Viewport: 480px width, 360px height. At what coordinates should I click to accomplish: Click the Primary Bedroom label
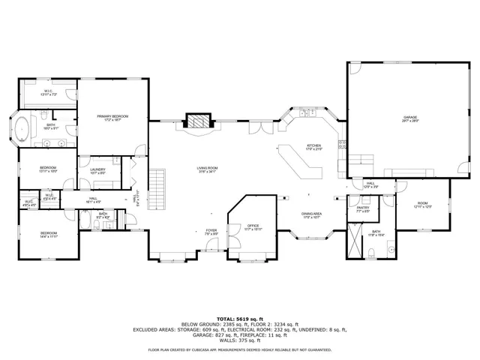(x=112, y=116)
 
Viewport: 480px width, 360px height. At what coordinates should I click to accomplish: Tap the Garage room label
(x=409, y=117)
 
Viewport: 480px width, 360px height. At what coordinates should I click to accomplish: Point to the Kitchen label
(x=313, y=145)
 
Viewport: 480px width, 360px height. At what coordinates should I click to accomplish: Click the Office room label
(x=253, y=226)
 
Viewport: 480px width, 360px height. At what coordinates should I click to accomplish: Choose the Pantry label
(x=363, y=208)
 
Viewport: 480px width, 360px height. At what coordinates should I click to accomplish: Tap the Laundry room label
(x=97, y=169)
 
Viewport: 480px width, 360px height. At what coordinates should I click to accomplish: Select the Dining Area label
(x=312, y=214)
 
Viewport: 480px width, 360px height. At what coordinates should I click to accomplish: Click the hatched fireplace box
(x=198, y=123)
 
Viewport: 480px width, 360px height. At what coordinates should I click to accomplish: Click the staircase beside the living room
(x=157, y=181)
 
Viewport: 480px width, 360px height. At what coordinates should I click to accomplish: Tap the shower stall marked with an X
(x=353, y=241)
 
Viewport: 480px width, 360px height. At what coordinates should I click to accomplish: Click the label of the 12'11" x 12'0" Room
(x=422, y=204)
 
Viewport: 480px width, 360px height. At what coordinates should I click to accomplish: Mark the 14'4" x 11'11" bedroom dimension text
(x=49, y=237)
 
